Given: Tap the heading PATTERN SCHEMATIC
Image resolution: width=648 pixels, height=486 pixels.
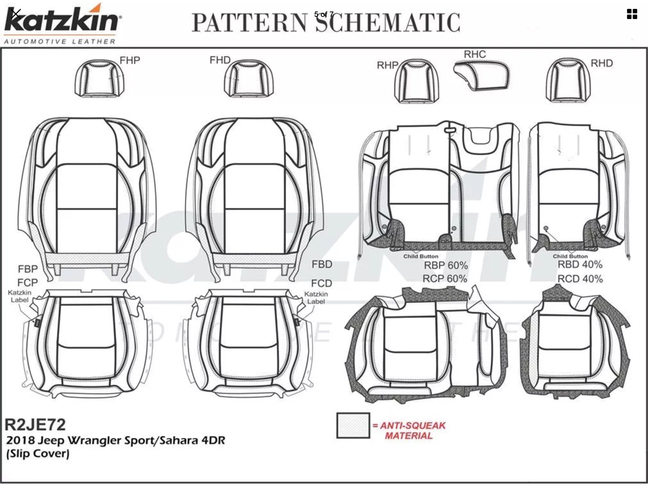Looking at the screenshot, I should pyautogui.click(x=326, y=23).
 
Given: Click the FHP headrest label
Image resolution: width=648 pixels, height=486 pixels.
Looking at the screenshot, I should pyautogui.click(x=130, y=60).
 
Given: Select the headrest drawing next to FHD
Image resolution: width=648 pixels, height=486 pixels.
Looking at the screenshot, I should pyautogui.click(x=249, y=79).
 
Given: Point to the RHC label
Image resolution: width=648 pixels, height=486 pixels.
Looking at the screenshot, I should pyautogui.click(x=475, y=54).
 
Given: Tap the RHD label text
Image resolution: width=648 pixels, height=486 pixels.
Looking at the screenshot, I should pyautogui.click(x=601, y=63).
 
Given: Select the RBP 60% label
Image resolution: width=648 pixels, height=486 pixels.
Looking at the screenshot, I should pyautogui.click(x=446, y=266).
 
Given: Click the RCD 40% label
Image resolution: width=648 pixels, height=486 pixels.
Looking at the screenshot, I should pyautogui.click(x=580, y=279).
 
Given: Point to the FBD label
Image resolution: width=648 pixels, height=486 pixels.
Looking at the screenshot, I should pyautogui.click(x=322, y=264).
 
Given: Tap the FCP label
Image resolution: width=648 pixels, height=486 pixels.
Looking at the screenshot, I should pyautogui.click(x=27, y=282).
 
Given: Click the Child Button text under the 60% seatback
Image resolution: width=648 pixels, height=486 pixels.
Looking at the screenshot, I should pyautogui.click(x=420, y=256).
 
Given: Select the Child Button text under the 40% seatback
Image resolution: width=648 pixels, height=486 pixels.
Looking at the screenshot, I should pyautogui.click(x=570, y=256).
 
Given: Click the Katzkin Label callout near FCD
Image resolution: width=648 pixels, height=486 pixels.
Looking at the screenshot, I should pyautogui.click(x=316, y=298).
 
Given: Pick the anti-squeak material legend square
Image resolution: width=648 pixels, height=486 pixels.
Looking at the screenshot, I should pyautogui.click(x=353, y=426).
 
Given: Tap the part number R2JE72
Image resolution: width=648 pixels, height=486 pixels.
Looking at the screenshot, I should pyautogui.click(x=35, y=424).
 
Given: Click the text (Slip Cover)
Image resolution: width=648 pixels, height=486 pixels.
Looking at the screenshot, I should pyautogui.click(x=38, y=454).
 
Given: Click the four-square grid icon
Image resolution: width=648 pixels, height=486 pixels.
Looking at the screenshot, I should pyautogui.click(x=632, y=14).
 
